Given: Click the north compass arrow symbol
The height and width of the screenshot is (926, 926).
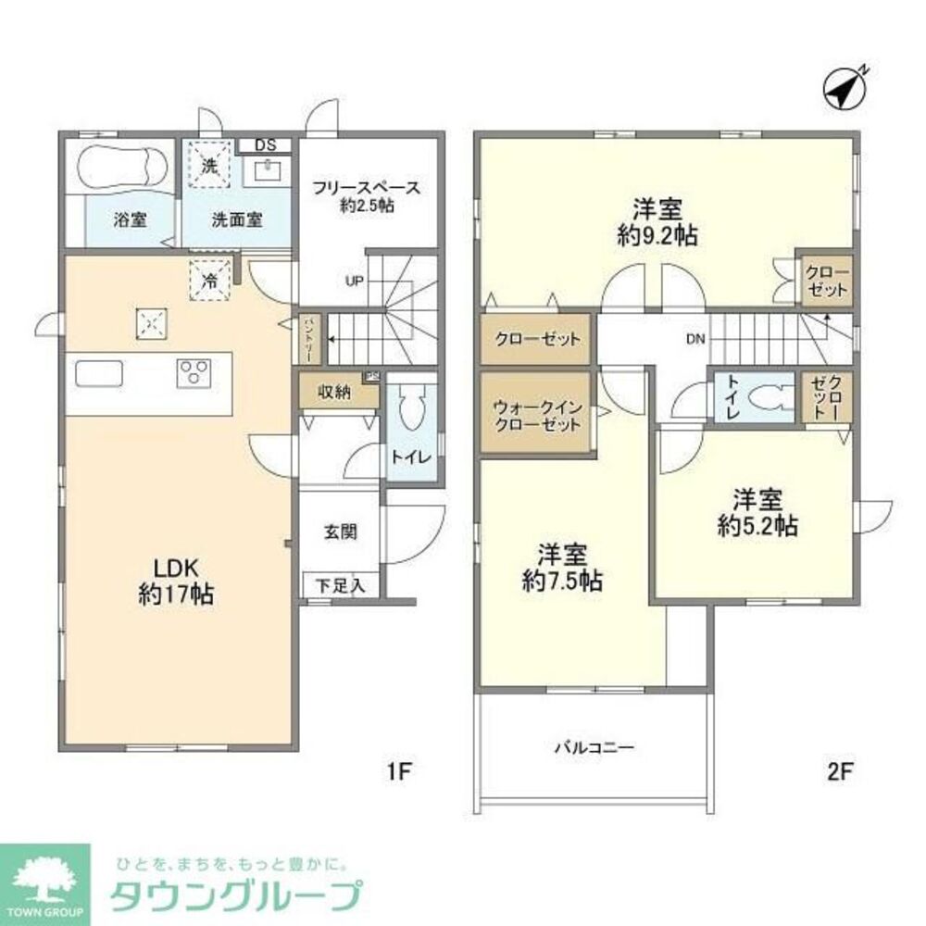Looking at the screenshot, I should (845, 89).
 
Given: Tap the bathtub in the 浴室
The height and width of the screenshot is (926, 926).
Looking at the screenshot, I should (121, 169).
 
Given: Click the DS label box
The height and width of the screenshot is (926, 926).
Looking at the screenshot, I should (265, 145).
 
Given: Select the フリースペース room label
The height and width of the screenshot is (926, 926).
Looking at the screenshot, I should (366, 188).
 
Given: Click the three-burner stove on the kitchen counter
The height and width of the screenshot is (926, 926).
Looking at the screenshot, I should (195, 372).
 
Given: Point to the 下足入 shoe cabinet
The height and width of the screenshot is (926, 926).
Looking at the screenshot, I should (340, 584).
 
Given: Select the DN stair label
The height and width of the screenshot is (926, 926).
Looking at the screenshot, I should (696, 339).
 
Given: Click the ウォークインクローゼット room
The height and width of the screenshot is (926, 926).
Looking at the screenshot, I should (535, 413).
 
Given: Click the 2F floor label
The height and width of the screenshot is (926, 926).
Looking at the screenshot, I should (841, 770).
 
